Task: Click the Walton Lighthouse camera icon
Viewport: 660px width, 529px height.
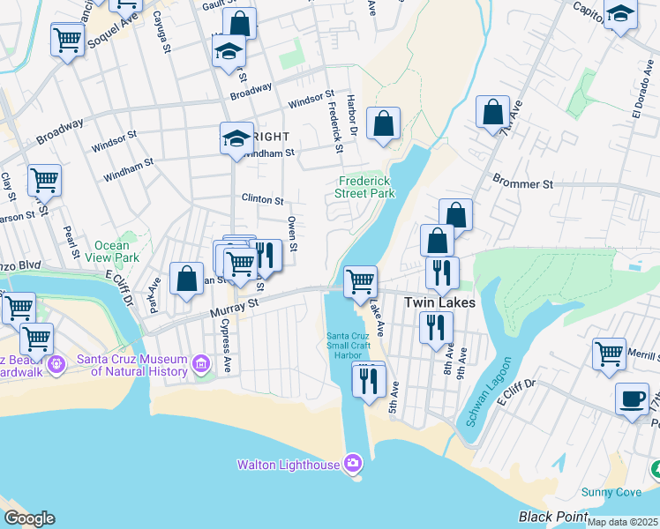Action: [353, 463]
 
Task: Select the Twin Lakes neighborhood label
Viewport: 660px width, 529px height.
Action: [439, 302]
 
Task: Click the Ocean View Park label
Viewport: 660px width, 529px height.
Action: [117, 252]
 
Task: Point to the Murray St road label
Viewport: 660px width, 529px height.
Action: [233, 305]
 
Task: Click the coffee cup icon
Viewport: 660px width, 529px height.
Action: [632, 398]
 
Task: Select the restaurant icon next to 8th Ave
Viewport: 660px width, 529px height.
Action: [435, 328]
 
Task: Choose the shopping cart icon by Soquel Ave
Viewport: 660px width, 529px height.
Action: [67, 38]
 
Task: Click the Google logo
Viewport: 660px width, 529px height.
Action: [28, 518]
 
